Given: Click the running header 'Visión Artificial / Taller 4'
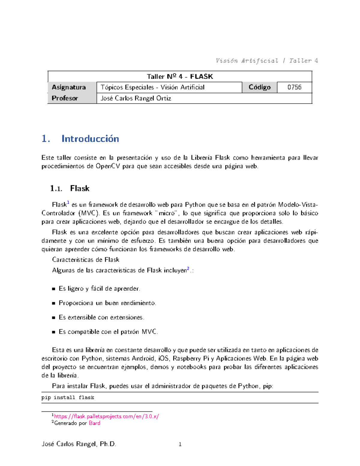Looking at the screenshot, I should pos(266,61).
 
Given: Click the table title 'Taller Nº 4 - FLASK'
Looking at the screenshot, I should pos(180,77).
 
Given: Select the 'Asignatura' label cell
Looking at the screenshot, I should pos(69,87).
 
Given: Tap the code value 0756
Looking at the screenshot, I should pos(294,87).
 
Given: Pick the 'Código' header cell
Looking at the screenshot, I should pos(259,87).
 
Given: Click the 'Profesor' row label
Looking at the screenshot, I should pos(65,98).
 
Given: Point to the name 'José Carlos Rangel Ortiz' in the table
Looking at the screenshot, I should pos(136,98).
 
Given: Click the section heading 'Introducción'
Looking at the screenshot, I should pos(90,139).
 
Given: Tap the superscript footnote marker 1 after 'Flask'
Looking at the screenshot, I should pos(68,203).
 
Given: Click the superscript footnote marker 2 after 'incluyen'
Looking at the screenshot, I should pos(188,269).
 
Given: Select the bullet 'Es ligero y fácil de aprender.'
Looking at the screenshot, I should pos(99,289).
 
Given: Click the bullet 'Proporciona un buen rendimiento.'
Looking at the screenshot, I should pos(107,303).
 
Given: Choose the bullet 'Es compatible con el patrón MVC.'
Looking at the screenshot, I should pos(108,332).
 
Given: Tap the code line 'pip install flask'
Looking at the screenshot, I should pos(68,398).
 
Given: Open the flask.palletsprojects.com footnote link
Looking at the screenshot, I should pos(106,416).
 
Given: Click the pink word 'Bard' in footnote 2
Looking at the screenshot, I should pos(94,423).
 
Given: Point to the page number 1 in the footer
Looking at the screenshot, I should pos(180,444).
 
